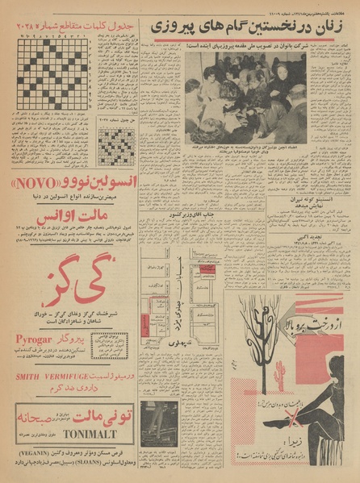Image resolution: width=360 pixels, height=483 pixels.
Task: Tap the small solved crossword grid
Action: pos(115,147)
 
